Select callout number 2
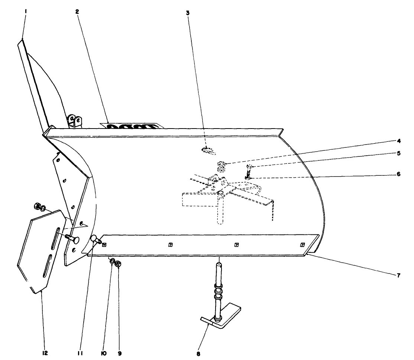(x=77, y=12)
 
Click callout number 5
(x=398, y=153)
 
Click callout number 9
(x=120, y=353)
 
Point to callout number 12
(x=45, y=353)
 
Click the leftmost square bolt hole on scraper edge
(x=104, y=244)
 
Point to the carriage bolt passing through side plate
(x=71, y=238)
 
